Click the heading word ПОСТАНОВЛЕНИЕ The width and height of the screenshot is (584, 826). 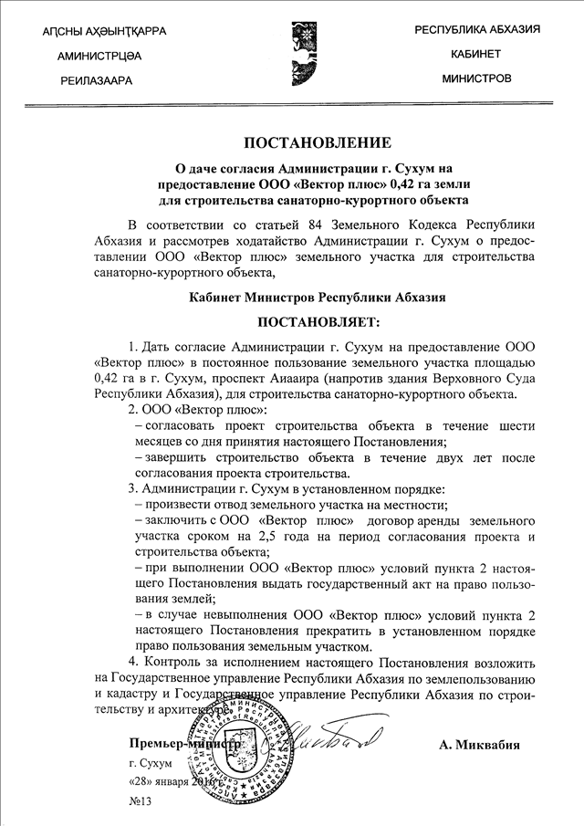tap(317, 142)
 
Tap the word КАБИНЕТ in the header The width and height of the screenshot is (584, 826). tap(476, 54)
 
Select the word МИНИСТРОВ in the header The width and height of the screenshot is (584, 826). tap(476, 78)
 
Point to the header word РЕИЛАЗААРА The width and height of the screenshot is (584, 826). tap(96, 80)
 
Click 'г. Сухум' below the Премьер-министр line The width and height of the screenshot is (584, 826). tap(151, 762)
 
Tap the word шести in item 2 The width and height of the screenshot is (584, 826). tap(515, 427)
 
